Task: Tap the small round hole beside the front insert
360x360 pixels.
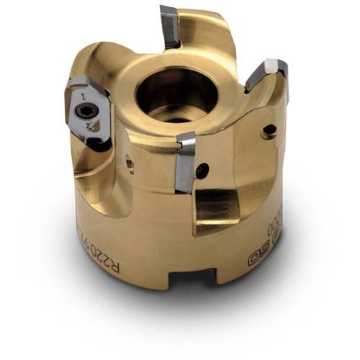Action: pyautogui.click(x=204, y=171)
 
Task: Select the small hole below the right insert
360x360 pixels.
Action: pyautogui.click(x=269, y=130)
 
